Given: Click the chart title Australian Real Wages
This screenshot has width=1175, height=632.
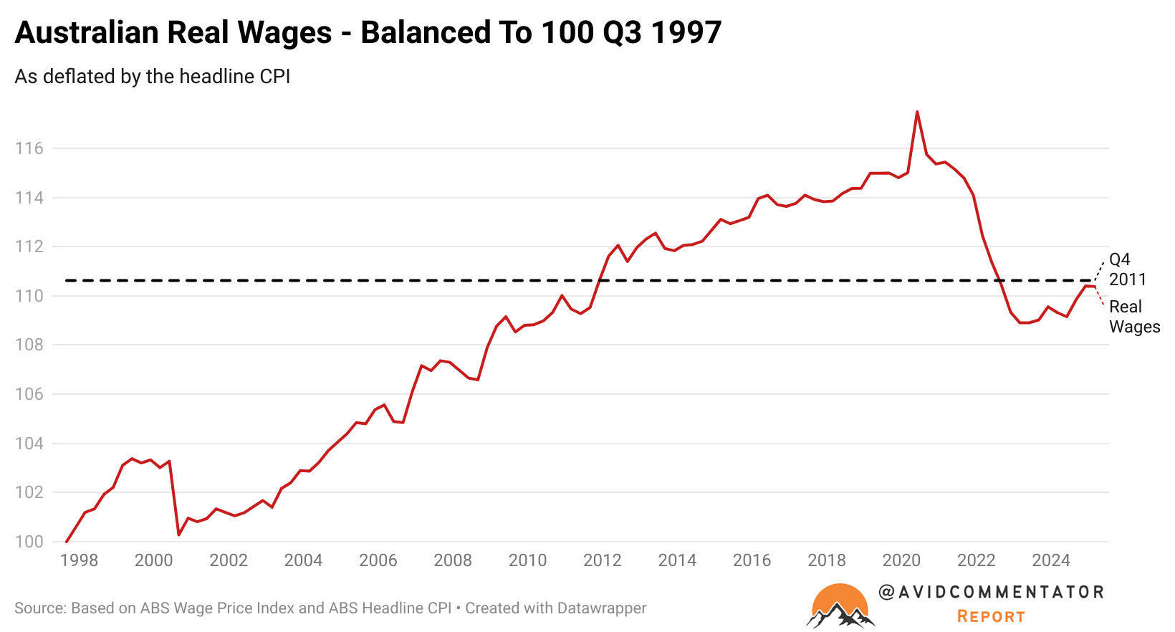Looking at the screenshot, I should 368,32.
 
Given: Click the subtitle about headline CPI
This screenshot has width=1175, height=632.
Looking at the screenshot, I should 153,77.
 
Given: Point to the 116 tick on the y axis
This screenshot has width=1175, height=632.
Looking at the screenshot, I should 29,148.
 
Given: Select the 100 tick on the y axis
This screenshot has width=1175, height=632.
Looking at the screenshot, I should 29,542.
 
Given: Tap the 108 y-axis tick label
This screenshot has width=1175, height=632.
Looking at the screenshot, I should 29,345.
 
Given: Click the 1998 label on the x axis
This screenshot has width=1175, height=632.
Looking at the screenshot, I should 79,560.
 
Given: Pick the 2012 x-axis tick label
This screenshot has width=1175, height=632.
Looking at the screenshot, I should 602,560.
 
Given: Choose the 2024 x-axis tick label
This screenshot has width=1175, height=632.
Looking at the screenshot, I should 1050,560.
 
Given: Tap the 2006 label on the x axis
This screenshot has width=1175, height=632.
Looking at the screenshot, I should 378,560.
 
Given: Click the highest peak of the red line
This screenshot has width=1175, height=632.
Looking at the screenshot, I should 917,112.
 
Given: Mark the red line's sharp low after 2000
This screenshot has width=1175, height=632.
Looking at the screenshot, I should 178,535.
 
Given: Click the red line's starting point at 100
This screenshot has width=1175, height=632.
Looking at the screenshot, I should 66,542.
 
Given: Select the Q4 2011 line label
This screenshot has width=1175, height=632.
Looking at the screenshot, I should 1127,269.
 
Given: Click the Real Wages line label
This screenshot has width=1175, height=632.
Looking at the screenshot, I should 1134,317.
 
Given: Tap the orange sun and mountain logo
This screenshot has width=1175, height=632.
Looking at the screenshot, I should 840,606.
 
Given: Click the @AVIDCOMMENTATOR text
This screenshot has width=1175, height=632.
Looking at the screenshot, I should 991,592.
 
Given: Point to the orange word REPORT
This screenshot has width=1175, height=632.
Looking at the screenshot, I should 991,616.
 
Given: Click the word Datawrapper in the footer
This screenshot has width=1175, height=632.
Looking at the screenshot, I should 601,608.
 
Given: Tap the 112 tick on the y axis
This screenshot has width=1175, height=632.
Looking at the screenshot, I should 29,246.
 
